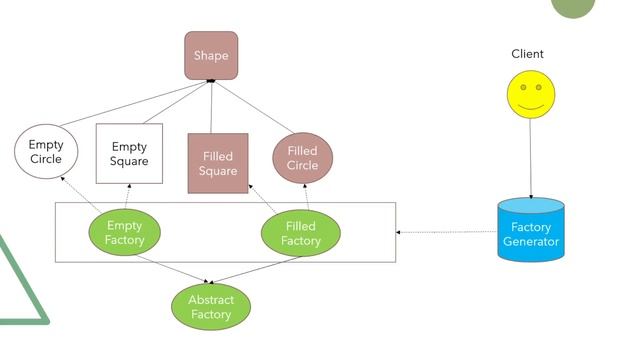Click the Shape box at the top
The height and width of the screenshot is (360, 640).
click(x=211, y=55)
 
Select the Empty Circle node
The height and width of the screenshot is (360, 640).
click(x=45, y=152)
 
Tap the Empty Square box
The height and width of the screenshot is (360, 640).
click(x=129, y=154)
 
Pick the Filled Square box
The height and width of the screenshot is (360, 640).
click(x=218, y=163)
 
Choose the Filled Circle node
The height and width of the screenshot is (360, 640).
click(x=302, y=158)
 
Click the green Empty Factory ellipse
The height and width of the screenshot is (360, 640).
click(x=124, y=233)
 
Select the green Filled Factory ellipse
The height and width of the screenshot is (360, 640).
click(x=301, y=234)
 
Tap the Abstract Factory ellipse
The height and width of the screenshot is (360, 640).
click(x=211, y=307)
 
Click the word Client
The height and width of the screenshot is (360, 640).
click(x=527, y=54)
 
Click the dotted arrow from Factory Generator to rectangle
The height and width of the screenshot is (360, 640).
click(x=447, y=232)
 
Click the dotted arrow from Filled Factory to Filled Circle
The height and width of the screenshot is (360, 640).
click(x=304, y=198)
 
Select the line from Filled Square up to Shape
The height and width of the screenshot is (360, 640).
click(x=213, y=108)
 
